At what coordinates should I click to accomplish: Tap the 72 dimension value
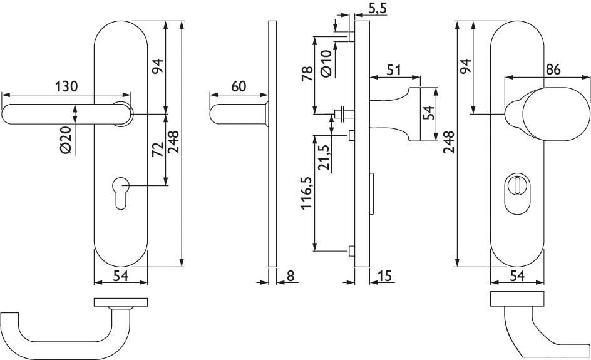pyautogui.click(x=157, y=149)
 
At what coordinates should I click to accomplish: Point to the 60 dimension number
pyautogui.click(x=238, y=86)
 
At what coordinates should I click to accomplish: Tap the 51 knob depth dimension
pyautogui.click(x=394, y=69)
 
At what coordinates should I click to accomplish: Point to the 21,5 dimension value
pyautogui.click(x=324, y=159)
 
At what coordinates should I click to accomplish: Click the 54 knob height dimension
pyautogui.click(x=429, y=114)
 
